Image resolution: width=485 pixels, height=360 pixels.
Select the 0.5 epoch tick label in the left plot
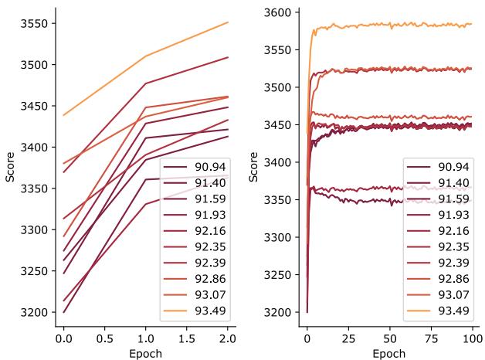click(104, 339)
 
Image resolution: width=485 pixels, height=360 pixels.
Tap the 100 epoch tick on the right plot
click(471, 339)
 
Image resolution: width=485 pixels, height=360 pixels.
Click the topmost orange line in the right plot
click(386, 25)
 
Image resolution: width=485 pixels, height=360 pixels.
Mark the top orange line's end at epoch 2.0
click(229, 22)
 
